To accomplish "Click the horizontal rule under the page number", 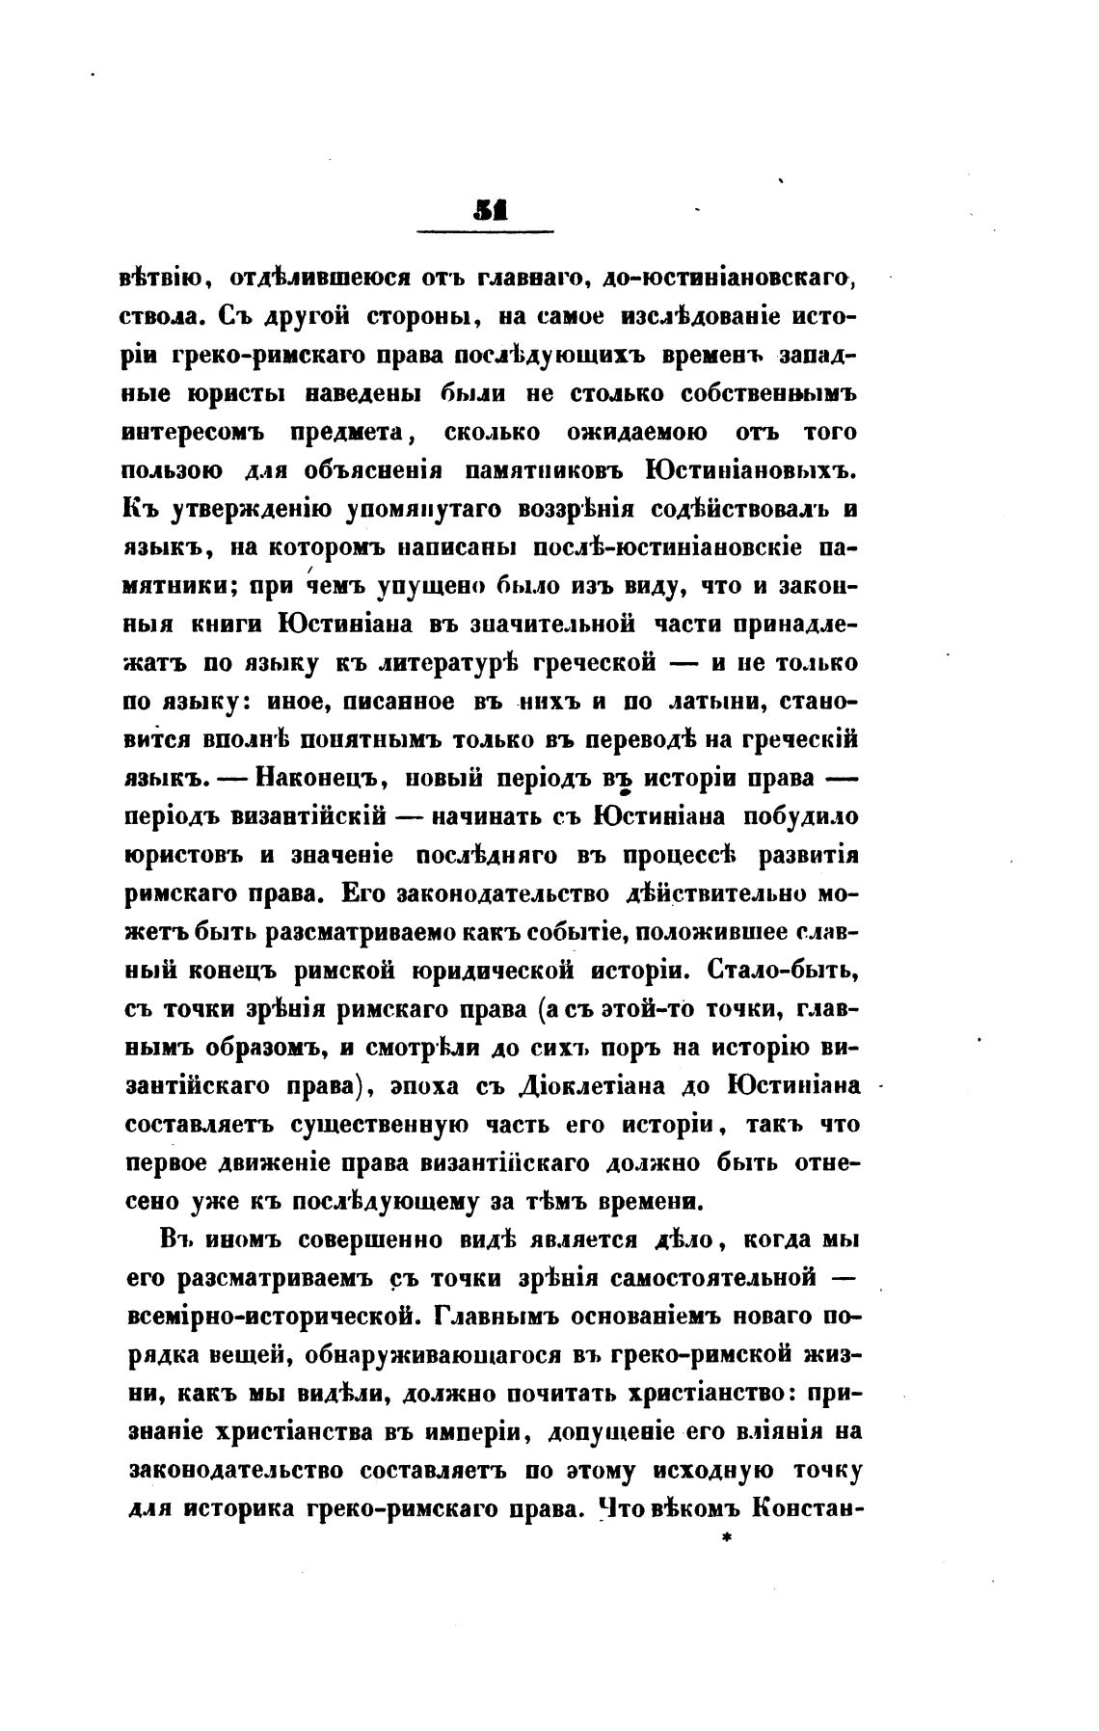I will [486, 231].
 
